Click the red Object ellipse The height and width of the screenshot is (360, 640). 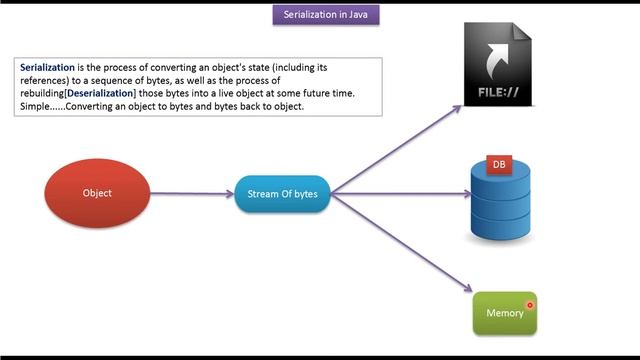[x=98, y=193]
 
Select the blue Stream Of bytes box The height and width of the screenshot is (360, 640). [x=282, y=193]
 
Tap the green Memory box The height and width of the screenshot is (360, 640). [x=505, y=313]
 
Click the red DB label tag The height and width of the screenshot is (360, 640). [x=498, y=164]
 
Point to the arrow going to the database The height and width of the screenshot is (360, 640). [x=400, y=193]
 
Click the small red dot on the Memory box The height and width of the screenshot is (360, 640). [x=530, y=305]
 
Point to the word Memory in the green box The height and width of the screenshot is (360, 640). [x=504, y=314]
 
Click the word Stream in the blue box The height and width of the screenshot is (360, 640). [x=263, y=193]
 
